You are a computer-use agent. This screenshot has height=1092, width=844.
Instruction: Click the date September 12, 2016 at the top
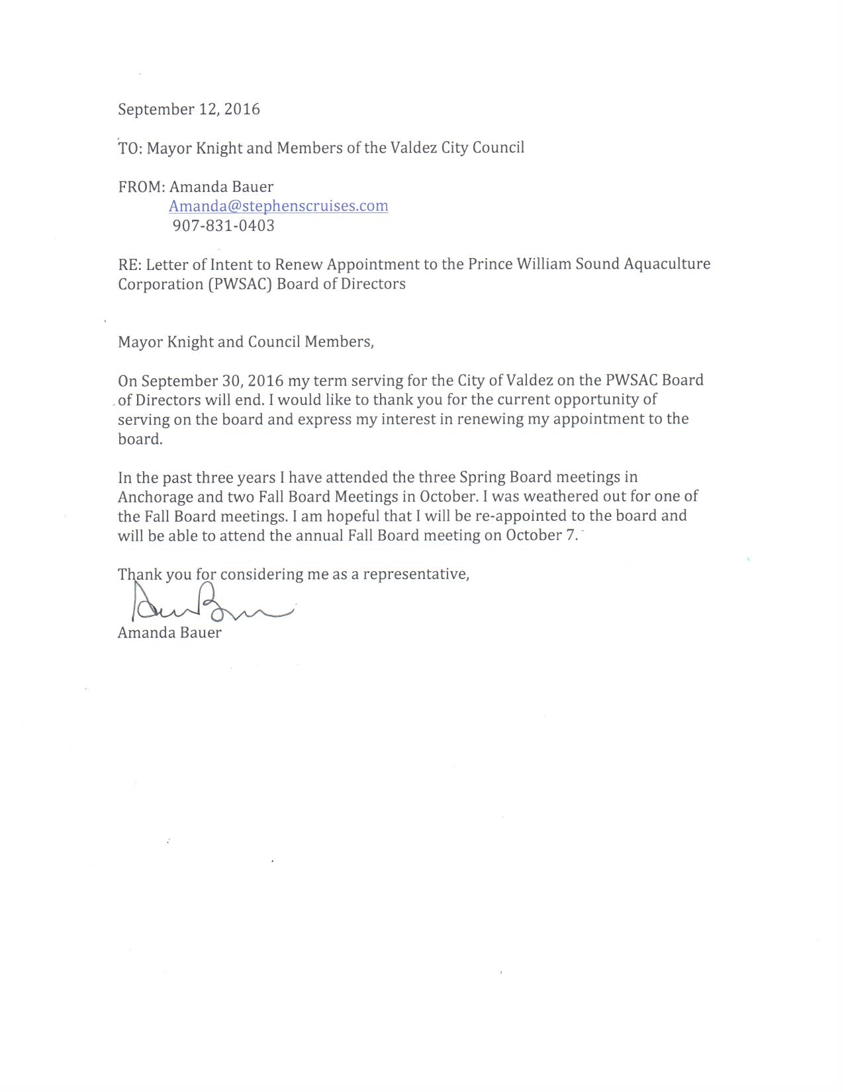189,110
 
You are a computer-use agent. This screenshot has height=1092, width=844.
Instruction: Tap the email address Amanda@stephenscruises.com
278,206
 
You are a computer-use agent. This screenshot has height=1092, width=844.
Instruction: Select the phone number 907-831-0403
223,226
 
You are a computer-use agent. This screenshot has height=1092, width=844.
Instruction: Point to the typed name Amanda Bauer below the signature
169,633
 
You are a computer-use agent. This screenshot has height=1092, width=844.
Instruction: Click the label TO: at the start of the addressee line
130,148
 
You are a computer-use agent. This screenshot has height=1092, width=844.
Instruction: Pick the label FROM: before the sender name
141,187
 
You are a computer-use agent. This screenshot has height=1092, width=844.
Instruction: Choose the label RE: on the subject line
130,265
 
